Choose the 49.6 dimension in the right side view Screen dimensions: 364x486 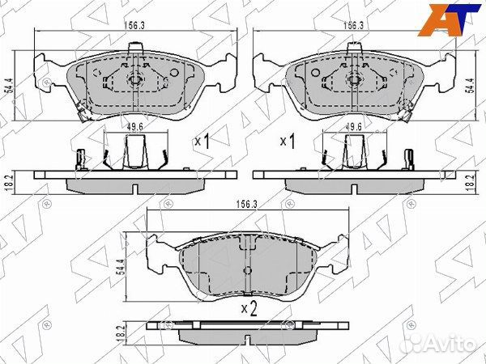(x=353, y=126)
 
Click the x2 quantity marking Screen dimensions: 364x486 (x=248, y=308)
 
